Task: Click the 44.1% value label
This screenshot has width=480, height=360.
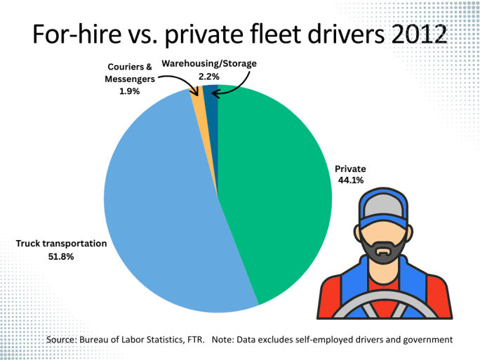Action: (x=349, y=180)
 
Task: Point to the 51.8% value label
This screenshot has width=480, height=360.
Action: (x=61, y=257)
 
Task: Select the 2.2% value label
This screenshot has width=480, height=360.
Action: (x=209, y=76)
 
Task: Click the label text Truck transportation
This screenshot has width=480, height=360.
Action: (x=61, y=244)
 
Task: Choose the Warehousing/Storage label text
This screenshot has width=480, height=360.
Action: (x=209, y=64)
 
